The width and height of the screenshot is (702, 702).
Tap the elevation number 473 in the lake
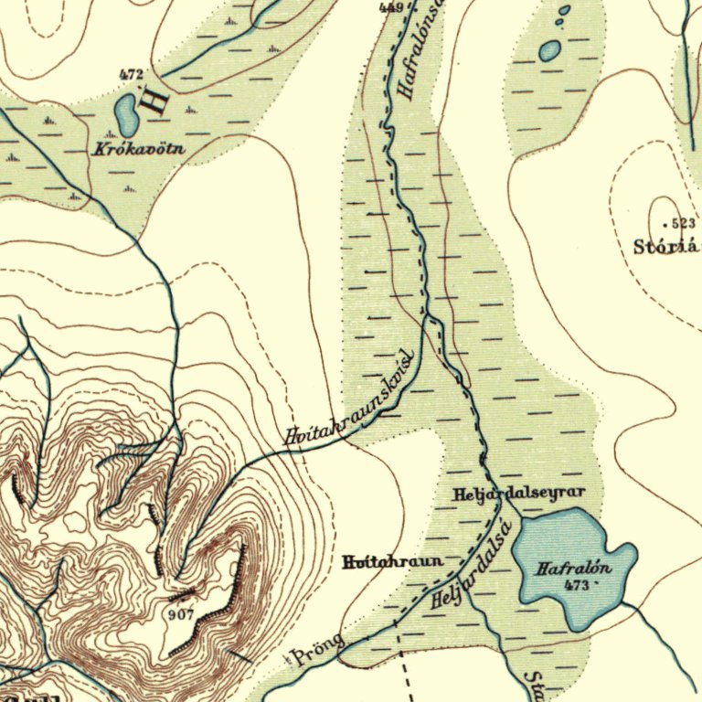tap(577, 584)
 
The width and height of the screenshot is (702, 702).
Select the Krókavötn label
tap(133, 147)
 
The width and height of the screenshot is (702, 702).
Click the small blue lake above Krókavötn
tap(125, 112)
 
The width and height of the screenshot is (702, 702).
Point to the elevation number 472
tap(132, 74)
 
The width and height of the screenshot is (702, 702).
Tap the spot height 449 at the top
tap(391, 7)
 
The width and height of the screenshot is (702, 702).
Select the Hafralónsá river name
tap(421, 50)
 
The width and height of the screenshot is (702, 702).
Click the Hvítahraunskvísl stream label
tap(350, 401)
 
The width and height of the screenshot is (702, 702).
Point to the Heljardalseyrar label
tap(517, 495)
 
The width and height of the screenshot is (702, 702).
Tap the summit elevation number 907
tap(181, 614)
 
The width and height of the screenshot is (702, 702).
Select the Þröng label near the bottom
tap(316, 650)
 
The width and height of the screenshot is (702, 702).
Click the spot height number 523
tap(682, 223)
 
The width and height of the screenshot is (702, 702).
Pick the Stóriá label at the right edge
tap(666, 246)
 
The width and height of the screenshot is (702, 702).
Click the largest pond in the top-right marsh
tap(549, 51)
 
